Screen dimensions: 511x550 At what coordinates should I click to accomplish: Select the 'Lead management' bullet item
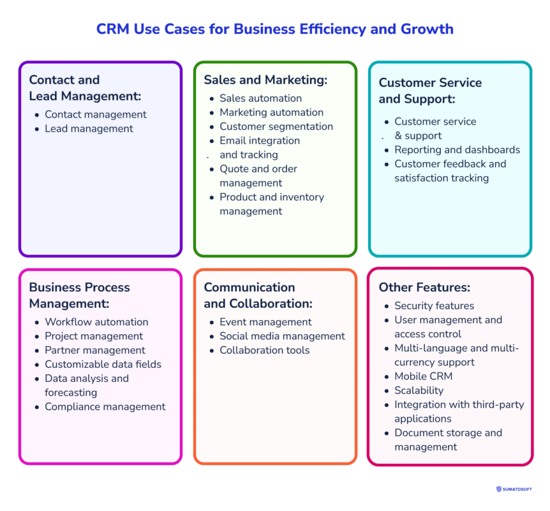click(89, 128)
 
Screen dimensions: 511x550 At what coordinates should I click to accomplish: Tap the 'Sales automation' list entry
click(260, 98)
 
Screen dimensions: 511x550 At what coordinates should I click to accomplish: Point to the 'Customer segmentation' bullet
click(276, 126)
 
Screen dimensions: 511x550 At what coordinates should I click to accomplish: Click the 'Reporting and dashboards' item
click(457, 149)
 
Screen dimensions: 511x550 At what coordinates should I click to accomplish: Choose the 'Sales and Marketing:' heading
click(265, 80)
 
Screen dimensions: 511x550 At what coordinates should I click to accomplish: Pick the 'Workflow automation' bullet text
click(96, 322)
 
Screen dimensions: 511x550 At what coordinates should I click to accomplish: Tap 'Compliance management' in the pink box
click(105, 406)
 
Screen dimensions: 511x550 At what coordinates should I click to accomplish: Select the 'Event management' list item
click(265, 322)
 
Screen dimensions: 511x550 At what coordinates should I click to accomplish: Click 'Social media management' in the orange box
click(282, 336)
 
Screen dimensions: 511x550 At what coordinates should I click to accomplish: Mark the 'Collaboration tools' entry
click(265, 350)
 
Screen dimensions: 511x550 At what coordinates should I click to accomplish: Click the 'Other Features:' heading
click(424, 287)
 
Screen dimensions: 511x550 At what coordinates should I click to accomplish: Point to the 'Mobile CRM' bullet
click(423, 376)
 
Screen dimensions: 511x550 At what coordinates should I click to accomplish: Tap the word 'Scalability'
click(419, 390)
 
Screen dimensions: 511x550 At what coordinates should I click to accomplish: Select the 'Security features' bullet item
click(434, 305)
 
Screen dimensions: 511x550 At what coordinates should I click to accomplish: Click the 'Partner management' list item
click(95, 350)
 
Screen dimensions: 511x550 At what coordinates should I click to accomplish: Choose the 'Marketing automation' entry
click(271, 112)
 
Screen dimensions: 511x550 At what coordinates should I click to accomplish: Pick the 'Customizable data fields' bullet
click(103, 364)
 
